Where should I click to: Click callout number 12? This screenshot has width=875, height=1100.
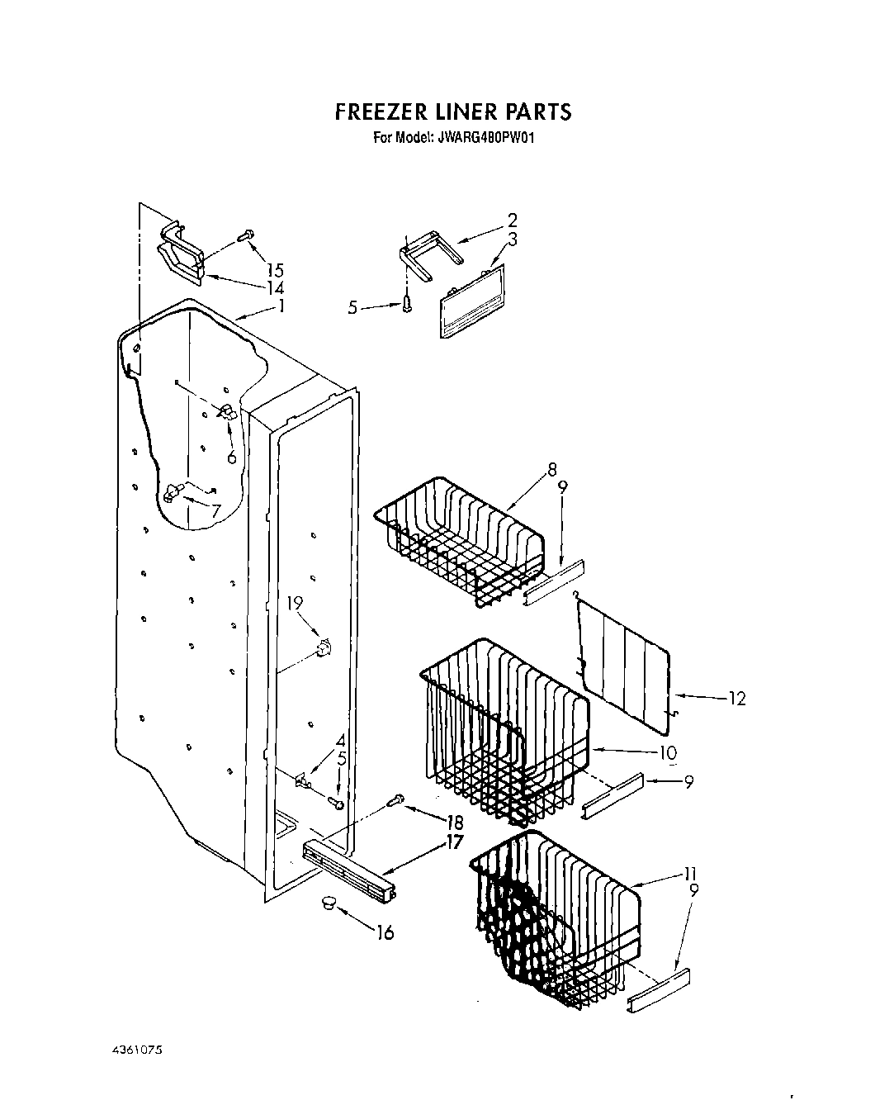[736, 699]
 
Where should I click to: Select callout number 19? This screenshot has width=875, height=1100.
[295, 604]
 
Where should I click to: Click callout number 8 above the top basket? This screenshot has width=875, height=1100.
[551, 471]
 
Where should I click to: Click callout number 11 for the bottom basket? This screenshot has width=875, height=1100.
[691, 873]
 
